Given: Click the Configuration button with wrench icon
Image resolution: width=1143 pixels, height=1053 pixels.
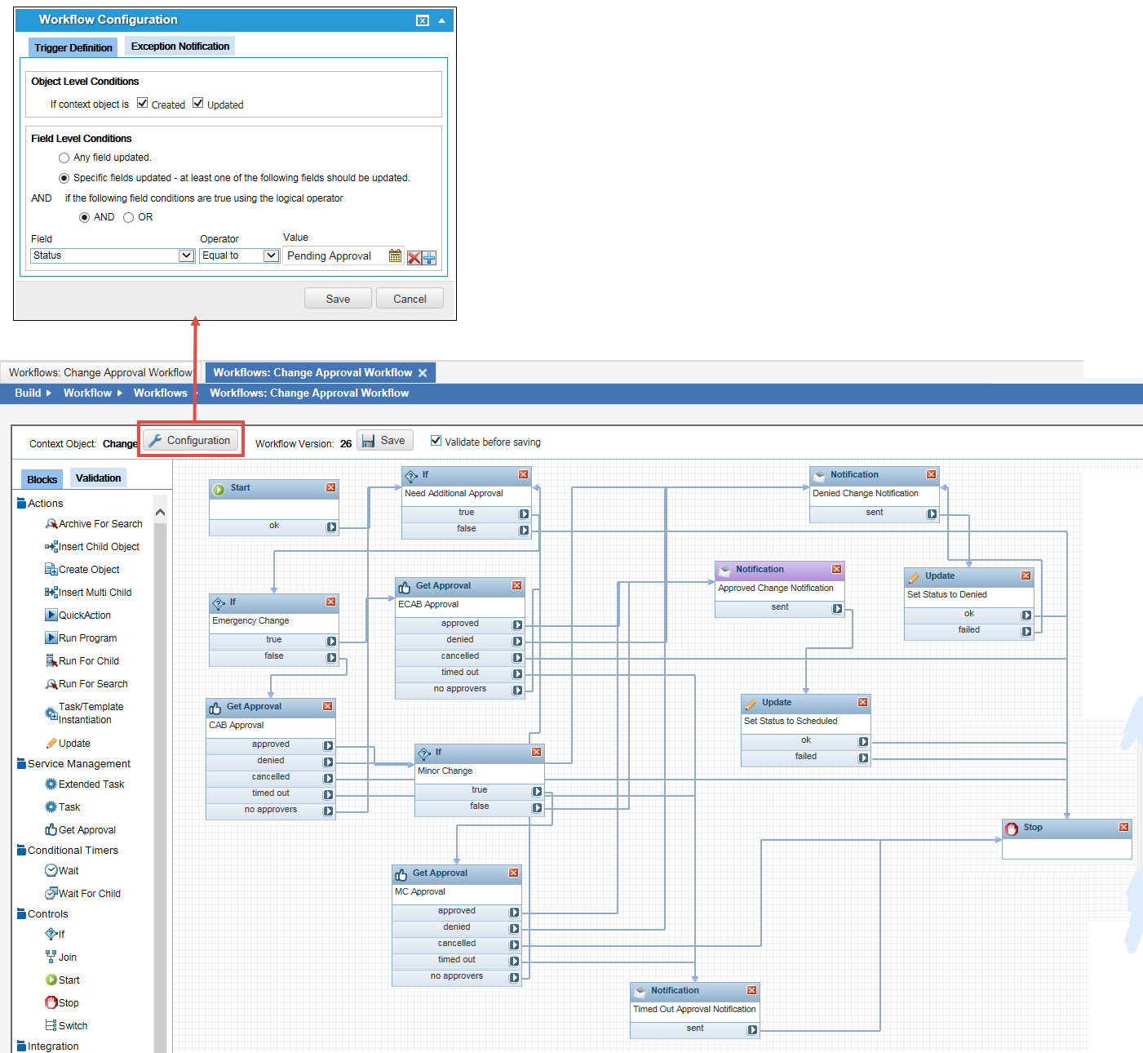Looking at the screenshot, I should (x=192, y=441).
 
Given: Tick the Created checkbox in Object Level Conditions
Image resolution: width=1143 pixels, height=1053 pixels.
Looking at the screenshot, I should (x=143, y=103).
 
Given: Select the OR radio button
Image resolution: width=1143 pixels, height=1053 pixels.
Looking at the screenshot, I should (x=129, y=217).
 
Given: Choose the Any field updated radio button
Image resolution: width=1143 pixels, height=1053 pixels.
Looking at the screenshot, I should (x=64, y=158).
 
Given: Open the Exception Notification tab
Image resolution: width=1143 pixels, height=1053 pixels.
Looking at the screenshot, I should (x=179, y=47).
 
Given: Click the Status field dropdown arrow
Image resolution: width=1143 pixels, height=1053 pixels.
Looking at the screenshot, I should (x=185, y=255).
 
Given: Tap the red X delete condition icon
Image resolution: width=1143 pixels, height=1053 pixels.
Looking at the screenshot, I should (x=414, y=258).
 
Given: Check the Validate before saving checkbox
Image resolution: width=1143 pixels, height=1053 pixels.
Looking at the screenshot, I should (x=436, y=441).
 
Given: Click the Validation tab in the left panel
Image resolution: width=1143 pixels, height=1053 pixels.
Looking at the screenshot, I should (x=98, y=478).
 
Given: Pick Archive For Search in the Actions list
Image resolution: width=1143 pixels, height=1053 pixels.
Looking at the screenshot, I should (x=100, y=524).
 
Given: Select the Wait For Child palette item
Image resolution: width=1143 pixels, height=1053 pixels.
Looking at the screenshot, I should (x=89, y=894).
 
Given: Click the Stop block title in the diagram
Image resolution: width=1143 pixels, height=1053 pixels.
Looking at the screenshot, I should (x=1033, y=828).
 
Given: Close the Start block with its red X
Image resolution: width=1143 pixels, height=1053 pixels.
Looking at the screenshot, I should (x=330, y=487).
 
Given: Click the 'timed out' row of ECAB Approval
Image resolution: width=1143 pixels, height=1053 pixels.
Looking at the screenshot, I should (x=460, y=673).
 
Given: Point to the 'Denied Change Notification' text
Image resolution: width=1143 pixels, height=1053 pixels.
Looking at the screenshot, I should (x=865, y=493).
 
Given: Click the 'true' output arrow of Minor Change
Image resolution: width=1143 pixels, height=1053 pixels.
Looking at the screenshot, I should (x=537, y=791).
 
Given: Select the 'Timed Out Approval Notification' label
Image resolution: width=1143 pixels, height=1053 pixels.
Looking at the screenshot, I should (x=694, y=1009).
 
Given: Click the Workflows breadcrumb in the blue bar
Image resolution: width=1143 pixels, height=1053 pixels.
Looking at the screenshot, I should (x=160, y=393).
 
